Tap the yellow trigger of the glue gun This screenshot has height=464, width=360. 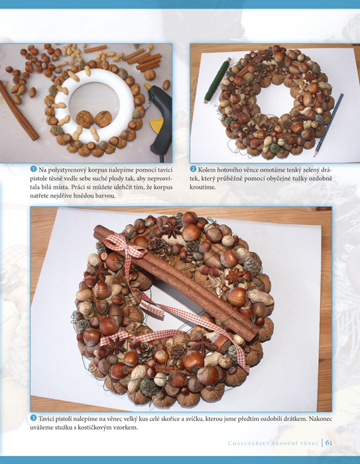157,125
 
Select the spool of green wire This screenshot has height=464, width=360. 217,80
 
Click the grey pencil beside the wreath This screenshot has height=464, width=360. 329,125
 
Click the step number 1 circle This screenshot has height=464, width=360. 33,169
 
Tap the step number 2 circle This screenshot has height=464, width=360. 193,169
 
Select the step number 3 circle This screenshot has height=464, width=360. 33,418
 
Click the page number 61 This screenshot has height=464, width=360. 329,443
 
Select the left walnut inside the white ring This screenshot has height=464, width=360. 85,119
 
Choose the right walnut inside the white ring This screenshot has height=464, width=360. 103,119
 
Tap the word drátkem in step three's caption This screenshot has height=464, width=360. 283,419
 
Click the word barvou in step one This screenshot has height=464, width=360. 105,196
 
